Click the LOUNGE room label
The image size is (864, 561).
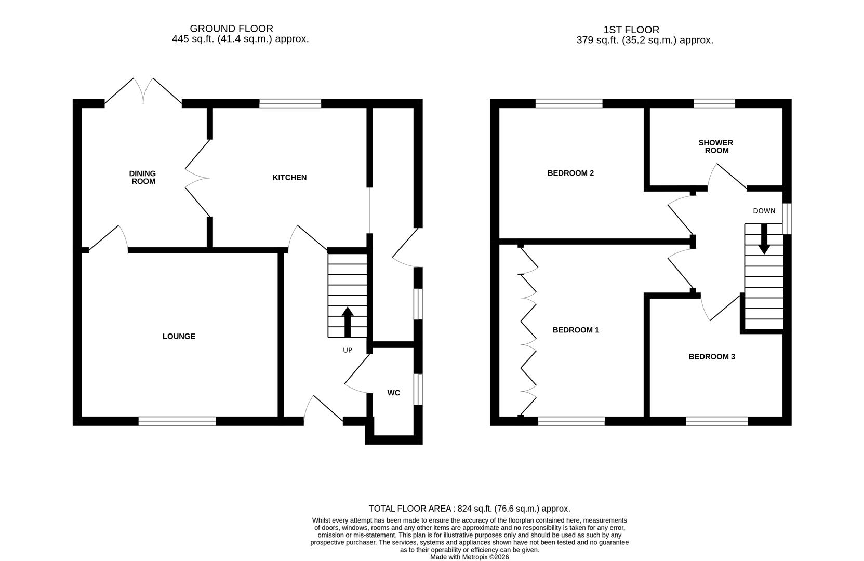(x=179, y=337)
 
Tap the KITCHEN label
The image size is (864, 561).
(x=289, y=178)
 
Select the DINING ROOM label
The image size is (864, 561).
(x=143, y=178)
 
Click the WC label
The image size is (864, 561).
(x=393, y=393)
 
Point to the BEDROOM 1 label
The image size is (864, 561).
(x=576, y=330)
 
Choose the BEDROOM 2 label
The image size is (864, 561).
(x=570, y=173)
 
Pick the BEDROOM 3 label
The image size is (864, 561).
(x=712, y=357)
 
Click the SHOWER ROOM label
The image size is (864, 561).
(x=715, y=146)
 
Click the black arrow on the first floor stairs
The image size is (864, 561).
(x=764, y=239)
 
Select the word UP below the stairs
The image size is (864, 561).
(x=348, y=350)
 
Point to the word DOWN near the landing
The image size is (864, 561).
(x=764, y=211)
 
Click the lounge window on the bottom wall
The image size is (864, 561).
(x=177, y=421)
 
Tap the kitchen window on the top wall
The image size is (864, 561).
(x=290, y=104)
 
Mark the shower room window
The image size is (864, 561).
(x=714, y=104)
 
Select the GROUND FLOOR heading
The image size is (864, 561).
(x=231, y=29)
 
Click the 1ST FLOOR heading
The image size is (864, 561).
(x=631, y=30)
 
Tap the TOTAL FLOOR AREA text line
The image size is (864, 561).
(x=469, y=509)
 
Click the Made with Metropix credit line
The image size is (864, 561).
(x=469, y=557)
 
